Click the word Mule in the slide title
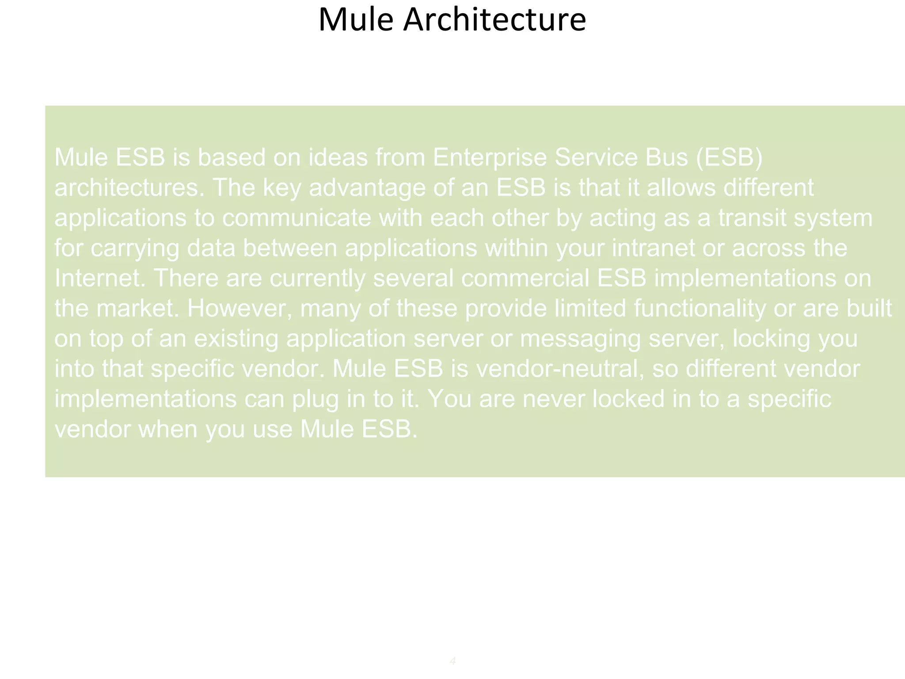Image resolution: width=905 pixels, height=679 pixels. pos(355,20)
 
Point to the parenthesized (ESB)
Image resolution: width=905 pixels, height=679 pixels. pos(729,157)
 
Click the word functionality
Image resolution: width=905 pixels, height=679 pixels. pos(700,309)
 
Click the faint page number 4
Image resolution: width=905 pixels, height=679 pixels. pos(452,661)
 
